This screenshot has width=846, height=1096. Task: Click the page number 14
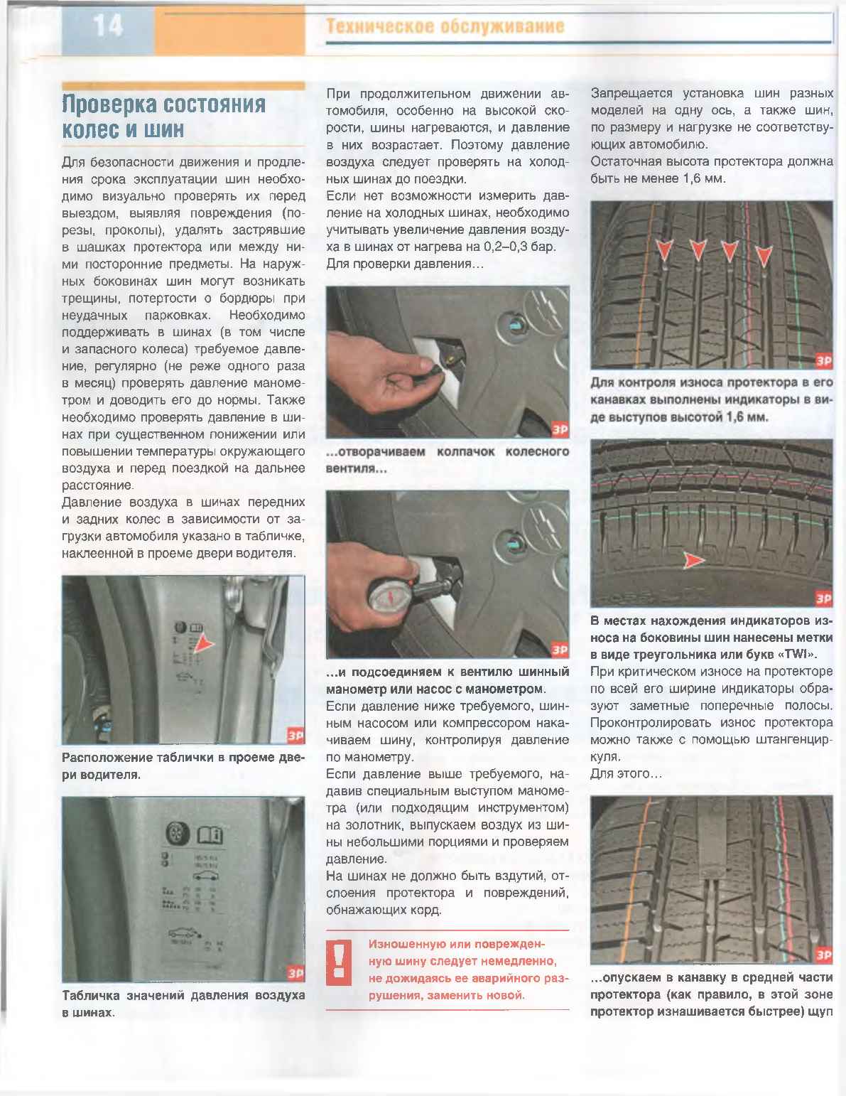[x=107, y=26]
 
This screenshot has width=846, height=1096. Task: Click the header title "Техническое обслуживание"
[x=445, y=27]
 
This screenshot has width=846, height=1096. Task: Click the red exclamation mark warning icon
[x=339, y=961]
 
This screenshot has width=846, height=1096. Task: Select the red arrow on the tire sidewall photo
[x=693, y=561]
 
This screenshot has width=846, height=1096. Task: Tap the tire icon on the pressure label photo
[x=175, y=834]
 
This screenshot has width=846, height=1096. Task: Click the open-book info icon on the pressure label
[x=210, y=834]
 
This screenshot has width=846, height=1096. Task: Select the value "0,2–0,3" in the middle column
[x=503, y=247]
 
